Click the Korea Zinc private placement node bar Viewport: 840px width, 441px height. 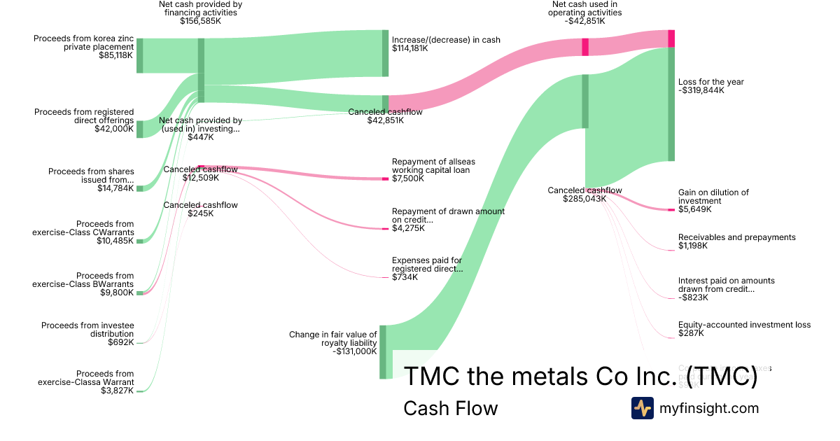(x=140, y=55)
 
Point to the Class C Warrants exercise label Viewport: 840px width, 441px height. (x=83, y=228)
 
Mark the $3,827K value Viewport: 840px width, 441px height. (x=117, y=391)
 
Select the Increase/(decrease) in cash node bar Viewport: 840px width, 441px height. (x=385, y=53)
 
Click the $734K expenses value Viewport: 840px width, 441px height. (x=405, y=277)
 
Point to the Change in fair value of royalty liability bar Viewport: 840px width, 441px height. (x=383, y=351)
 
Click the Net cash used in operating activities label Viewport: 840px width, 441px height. (x=585, y=8)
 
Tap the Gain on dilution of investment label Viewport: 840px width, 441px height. (x=713, y=197)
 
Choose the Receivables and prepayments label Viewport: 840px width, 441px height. (x=736, y=237)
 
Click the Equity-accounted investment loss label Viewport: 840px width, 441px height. (x=744, y=325)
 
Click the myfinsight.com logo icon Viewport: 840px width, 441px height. (x=642, y=408)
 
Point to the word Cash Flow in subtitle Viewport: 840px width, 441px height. (x=450, y=408)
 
